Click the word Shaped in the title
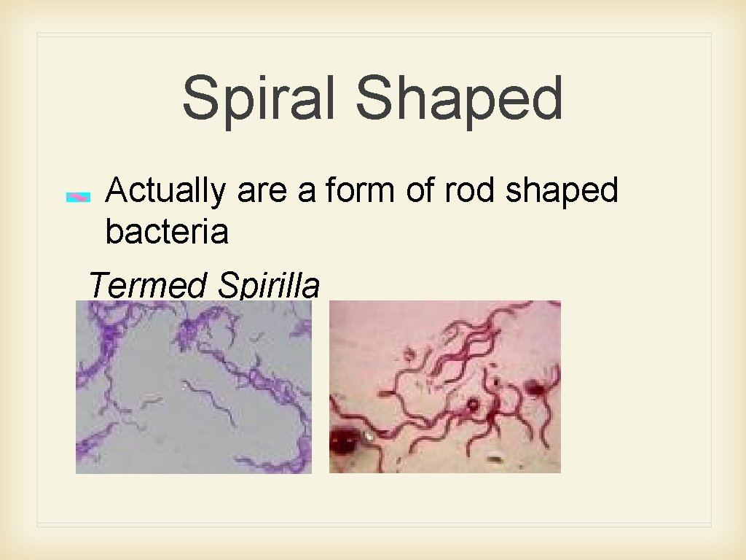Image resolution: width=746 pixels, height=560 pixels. click(x=460, y=99)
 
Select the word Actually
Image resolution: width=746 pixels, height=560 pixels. click(x=165, y=191)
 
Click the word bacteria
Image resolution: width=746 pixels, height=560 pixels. click(x=166, y=232)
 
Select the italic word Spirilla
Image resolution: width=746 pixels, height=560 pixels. click(x=267, y=285)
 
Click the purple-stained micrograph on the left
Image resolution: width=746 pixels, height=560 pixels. click(x=194, y=387)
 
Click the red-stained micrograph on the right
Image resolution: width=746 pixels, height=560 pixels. click(x=444, y=387)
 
